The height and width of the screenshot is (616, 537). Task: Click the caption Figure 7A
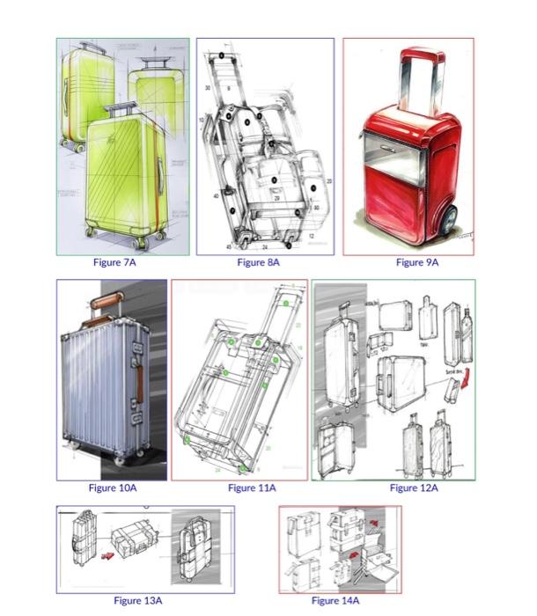(x=114, y=262)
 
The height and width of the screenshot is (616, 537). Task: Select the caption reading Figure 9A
(x=416, y=262)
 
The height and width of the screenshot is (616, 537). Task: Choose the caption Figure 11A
(x=252, y=488)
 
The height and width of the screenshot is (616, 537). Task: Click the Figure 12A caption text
(x=414, y=488)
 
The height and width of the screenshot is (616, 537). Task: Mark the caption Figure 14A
(x=337, y=600)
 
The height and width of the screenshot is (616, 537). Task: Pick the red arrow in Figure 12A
(x=466, y=380)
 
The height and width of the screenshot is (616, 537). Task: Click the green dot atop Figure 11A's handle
(x=287, y=302)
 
